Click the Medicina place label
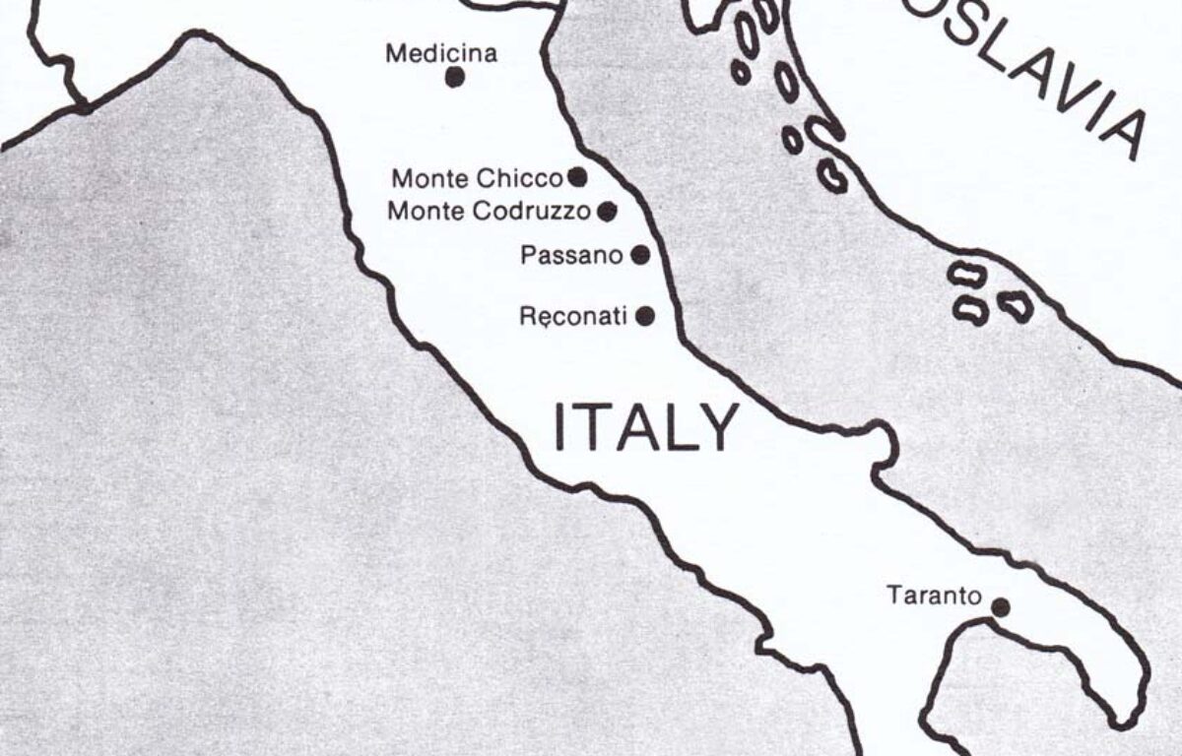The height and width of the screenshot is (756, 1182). click(440, 53)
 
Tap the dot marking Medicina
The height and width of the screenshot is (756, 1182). click(454, 77)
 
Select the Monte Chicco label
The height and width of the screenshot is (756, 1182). click(477, 179)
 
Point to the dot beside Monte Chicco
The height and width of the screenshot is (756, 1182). click(578, 177)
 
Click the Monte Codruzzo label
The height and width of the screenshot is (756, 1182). click(489, 211)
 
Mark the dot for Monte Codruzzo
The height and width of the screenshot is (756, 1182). click(608, 210)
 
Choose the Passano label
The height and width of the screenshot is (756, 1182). click(571, 256)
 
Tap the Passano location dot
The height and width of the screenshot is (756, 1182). click(640, 255)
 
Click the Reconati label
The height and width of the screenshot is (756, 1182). click(572, 317)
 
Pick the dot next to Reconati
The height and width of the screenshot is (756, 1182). click(645, 315)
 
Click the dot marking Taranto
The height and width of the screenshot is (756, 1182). click(1000, 607)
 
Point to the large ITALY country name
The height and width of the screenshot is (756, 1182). click(645, 427)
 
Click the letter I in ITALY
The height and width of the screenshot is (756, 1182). click(561, 427)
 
